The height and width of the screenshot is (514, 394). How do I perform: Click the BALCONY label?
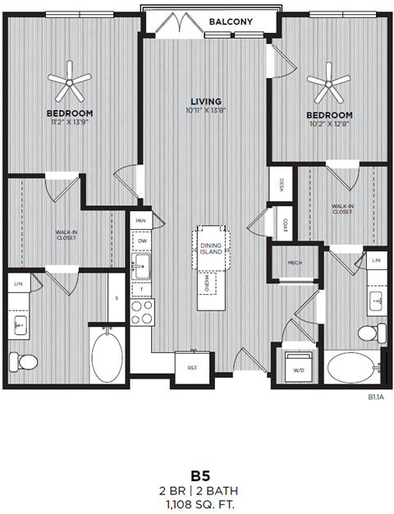230,22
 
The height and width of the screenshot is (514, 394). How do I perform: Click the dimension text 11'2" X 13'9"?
69,122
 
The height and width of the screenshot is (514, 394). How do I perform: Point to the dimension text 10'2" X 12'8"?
330,124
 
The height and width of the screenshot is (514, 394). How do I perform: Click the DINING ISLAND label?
213,250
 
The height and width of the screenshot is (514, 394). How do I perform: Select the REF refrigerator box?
192,367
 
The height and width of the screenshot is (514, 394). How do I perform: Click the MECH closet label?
295,263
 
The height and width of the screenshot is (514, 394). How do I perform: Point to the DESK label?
282,185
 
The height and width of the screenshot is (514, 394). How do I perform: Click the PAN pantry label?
140,220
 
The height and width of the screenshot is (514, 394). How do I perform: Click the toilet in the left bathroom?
21,359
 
